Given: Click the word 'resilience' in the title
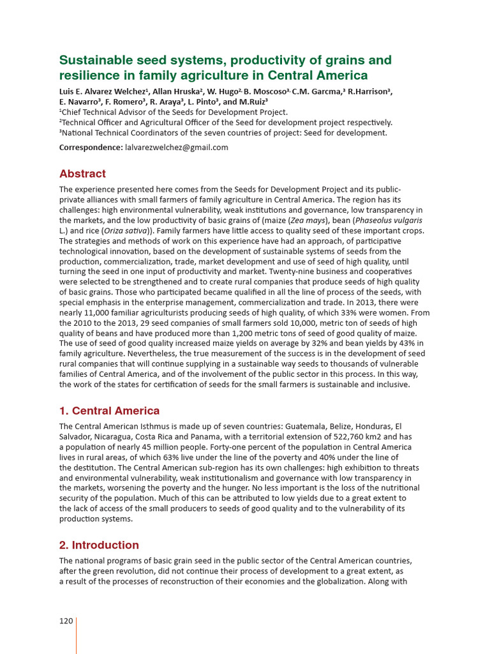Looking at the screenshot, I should [x=84, y=76].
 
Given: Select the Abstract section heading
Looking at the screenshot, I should [x=82, y=174].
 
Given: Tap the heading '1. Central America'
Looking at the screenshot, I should [x=109, y=411].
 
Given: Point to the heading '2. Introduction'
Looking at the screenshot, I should [x=99, y=545].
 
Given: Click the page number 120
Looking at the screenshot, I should [x=66, y=621].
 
